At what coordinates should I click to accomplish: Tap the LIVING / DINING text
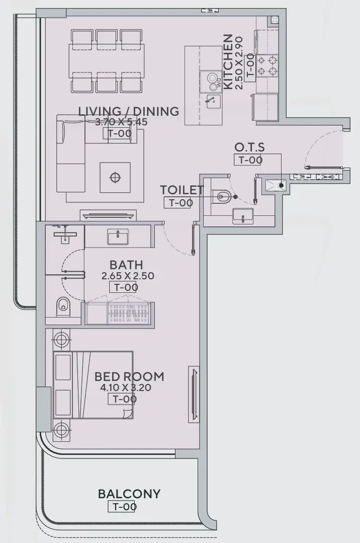pyautogui.click(x=129, y=111)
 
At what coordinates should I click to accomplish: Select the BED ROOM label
pyautogui.click(x=129, y=376)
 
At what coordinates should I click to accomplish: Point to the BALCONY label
pyautogui.click(x=129, y=494)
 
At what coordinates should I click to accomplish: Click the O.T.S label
pyautogui.click(x=249, y=147)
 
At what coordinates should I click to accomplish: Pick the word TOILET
pyautogui.click(x=182, y=190)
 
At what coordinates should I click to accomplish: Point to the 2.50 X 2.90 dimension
pyautogui.click(x=239, y=63)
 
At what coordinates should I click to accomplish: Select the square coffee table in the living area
pyautogui.click(x=115, y=177)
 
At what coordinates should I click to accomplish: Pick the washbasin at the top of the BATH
pyautogui.click(x=118, y=237)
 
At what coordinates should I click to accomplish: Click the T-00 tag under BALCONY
pyautogui.click(x=122, y=506)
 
